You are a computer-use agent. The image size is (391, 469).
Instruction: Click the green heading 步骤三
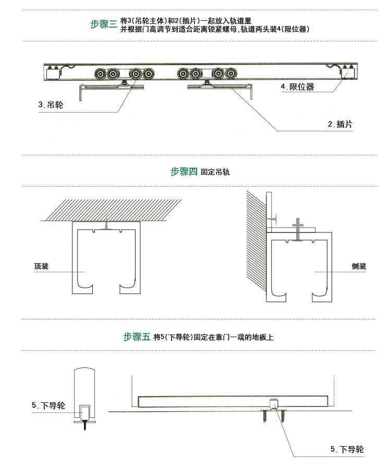104,24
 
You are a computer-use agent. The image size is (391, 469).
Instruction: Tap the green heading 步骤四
184,171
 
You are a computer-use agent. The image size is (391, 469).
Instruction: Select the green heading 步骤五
137,337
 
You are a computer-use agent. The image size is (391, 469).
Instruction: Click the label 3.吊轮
51,105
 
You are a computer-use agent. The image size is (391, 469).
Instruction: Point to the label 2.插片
340,124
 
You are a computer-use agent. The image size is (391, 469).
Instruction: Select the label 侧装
359,266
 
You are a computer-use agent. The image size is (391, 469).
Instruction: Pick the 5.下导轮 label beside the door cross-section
48,405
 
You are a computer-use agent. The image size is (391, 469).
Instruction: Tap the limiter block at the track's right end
346,73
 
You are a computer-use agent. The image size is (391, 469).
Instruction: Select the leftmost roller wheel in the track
99,75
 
